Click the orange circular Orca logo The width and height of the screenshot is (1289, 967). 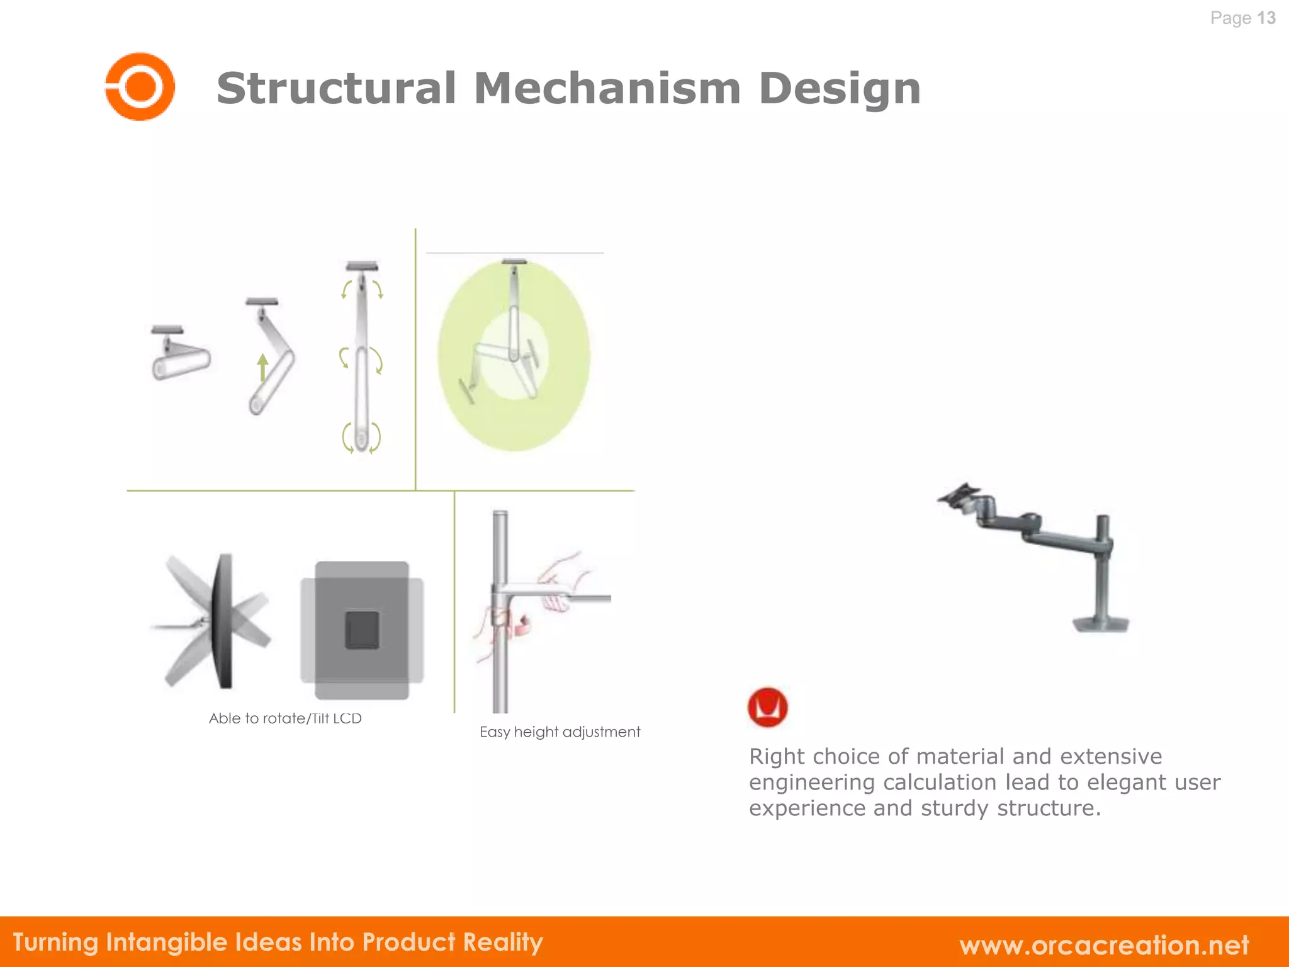(140, 86)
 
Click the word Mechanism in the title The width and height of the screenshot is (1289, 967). (607, 88)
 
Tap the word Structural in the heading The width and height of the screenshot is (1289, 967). (336, 88)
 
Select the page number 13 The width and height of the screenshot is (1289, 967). (1266, 18)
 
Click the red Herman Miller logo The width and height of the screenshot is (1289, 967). (767, 706)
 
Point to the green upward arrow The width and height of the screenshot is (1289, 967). (263, 366)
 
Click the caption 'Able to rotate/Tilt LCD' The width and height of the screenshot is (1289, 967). (285, 718)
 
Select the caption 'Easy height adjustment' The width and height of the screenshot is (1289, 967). (560, 732)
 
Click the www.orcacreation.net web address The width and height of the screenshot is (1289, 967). (1104, 944)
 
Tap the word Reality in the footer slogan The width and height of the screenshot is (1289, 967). (503, 942)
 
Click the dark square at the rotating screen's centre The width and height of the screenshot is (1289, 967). (362, 630)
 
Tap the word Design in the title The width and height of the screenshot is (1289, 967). (840, 88)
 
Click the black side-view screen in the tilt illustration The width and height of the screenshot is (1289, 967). (223, 620)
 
